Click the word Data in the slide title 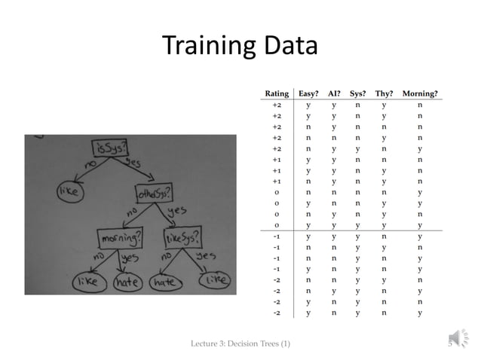(x=290, y=47)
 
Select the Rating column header (x=277, y=93)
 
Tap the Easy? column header (x=309, y=93)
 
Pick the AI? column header (x=335, y=93)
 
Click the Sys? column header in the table (x=358, y=93)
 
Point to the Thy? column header (x=383, y=93)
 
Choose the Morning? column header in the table (x=420, y=93)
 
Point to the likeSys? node (x=183, y=236)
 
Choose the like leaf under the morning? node (x=86, y=283)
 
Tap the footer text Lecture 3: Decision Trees (x=242, y=345)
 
